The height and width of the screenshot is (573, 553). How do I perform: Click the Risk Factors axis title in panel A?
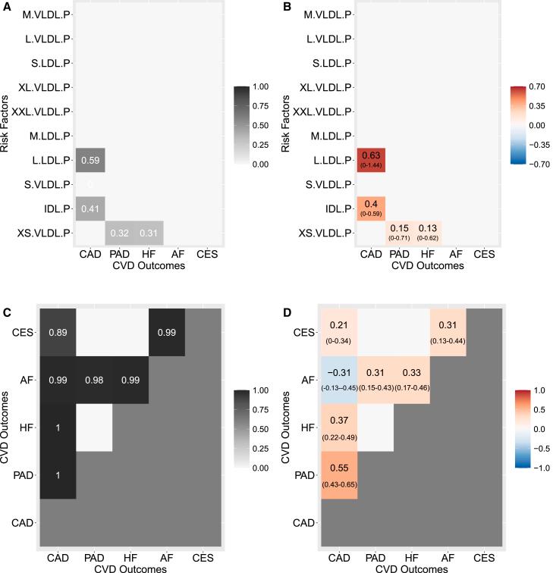click(7, 124)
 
